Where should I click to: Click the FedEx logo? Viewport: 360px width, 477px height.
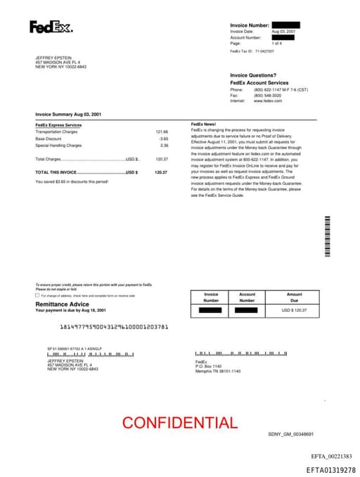51,27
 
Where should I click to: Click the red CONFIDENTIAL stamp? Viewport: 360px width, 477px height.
179,423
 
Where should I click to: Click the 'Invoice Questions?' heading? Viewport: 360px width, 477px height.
252,75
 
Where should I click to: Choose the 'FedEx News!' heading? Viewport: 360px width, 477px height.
203,125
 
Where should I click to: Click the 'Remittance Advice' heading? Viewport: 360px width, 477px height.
63,304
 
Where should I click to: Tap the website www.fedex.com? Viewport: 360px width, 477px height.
268,101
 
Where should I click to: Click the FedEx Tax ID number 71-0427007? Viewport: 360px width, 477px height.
264,51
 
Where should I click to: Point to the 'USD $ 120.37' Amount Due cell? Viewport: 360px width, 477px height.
294,310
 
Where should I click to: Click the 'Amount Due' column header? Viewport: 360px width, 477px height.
294,298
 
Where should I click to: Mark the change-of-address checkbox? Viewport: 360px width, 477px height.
37,296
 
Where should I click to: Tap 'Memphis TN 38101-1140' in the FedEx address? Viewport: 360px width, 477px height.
217,371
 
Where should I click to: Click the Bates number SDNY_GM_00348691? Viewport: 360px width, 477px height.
290,435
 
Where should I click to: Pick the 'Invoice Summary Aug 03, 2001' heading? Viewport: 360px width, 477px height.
68,114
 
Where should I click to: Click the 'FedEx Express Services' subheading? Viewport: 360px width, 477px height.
58,125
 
